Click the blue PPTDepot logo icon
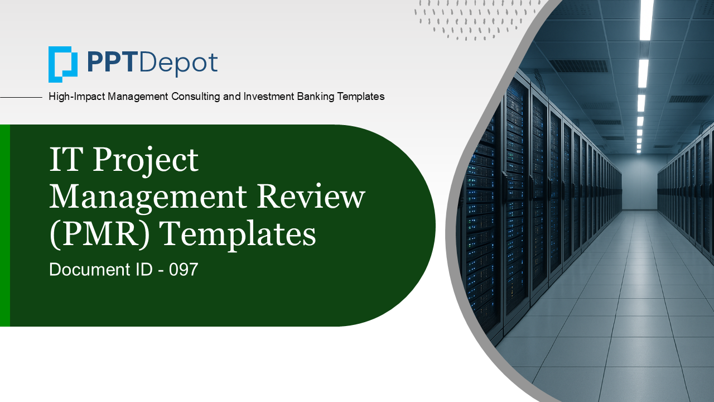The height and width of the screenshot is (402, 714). pyautogui.click(x=63, y=64)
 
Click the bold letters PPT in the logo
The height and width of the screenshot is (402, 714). pyautogui.click(x=110, y=63)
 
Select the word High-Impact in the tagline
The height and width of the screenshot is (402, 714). pyautogui.click(x=76, y=97)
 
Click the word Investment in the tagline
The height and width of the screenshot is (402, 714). pyautogui.click(x=269, y=97)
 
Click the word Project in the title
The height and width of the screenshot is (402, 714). pyautogui.click(x=146, y=161)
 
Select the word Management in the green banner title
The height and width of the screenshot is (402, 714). pyautogui.click(x=148, y=198)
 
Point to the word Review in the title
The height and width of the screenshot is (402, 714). pyautogui.click(x=311, y=196)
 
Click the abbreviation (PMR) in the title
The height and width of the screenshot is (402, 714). pyautogui.click(x=99, y=234)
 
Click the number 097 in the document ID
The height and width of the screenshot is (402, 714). pyautogui.click(x=184, y=270)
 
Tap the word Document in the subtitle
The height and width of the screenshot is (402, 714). pyautogui.click(x=90, y=270)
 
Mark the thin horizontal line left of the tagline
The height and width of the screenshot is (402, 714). pyautogui.click(x=21, y=97)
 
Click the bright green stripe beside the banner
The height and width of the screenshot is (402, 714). pyautogui.click(x=5, y=225)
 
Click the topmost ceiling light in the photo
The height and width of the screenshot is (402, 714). pyautogui.click(x=647, y=20)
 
